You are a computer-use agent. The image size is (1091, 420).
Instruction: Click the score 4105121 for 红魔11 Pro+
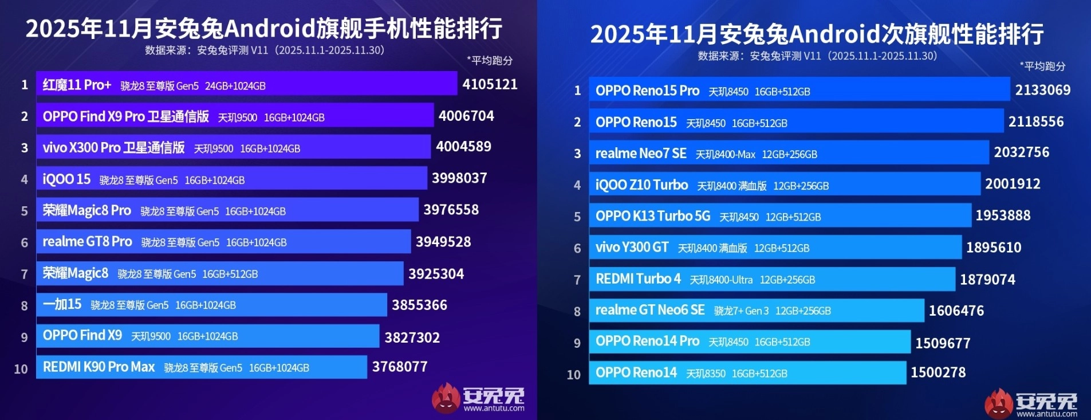[490, 84]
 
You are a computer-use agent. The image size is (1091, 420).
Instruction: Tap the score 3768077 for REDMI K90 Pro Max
[400, 367]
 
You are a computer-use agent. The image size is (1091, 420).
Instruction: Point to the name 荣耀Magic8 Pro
[87, 210]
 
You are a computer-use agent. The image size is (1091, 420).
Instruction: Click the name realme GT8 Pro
[87, 242]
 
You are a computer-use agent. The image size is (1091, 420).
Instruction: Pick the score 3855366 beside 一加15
[419, 305]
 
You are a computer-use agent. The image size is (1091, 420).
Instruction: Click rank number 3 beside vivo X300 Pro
[25, 148]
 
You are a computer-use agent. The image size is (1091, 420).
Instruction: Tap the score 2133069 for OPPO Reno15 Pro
[1042, 90]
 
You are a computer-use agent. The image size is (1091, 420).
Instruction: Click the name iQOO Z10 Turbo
[641, 185]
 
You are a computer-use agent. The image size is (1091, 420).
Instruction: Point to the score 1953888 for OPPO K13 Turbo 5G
[1003, 215]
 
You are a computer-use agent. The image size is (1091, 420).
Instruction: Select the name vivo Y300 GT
[632, 248]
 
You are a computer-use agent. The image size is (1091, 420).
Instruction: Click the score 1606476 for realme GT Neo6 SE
[956, 311]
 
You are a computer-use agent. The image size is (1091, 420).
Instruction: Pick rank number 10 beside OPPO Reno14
[573, 375]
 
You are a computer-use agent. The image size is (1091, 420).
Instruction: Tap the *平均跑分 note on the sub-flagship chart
[1042, 66]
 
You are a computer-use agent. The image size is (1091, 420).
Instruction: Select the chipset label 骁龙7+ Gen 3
[741, 311]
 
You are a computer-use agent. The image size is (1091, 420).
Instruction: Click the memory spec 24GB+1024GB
[235, 86]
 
